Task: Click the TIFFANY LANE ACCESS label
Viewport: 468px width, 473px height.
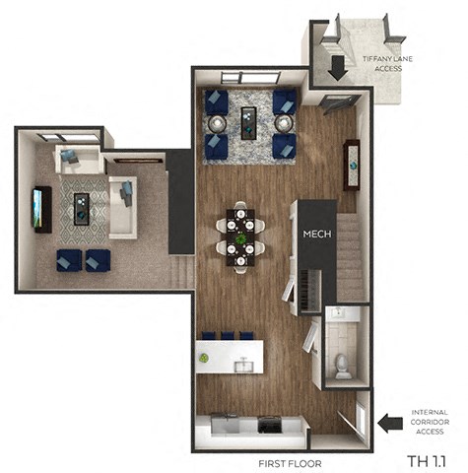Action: pyautogui.click(x=381, y=64)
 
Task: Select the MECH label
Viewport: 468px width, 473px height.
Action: pyautogui.click(x=316, y=234)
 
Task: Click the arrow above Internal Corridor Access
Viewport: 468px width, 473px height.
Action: pyautogui.click(x=390, y=423)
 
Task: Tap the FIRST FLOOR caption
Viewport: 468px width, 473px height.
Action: pyautogui.click(x=290, y=462)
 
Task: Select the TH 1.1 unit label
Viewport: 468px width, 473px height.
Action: pyautogui.click(x=424, y=460)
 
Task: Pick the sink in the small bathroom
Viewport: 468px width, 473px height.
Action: pyautogui.click(x=339, y=313)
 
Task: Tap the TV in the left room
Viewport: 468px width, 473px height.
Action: pyautogui.click(x=40, y=209)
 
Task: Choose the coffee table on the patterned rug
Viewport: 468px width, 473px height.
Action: pyautogui.click(x=83, y=208)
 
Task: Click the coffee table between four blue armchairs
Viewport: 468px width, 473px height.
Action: pyautogui.click(x=249, y=123)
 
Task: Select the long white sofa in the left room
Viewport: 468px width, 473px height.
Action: pyautogui.click(x=121, y=208)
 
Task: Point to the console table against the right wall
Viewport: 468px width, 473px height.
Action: pyautogui.click(x=352, y=164)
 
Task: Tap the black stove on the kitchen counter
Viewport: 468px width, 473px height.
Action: pyautogui.click(x=267, y=426)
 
